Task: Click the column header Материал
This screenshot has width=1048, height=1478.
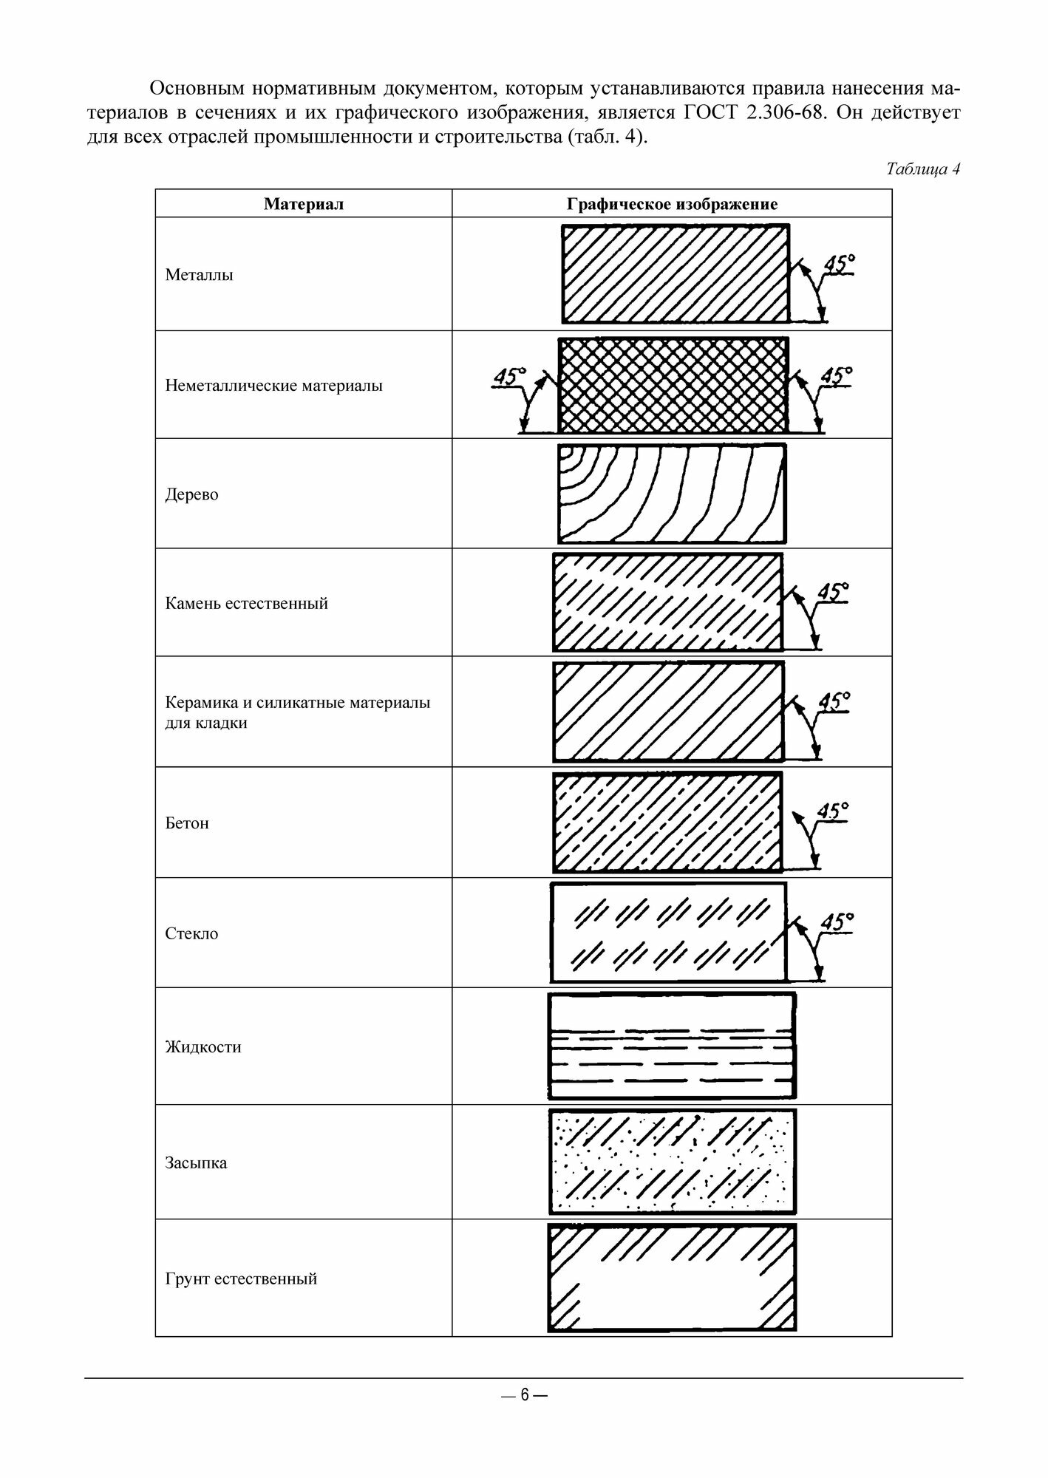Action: (303, 204)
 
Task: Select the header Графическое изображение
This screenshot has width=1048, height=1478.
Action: (672, 204)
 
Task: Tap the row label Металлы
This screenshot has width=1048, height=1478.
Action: (200, 275)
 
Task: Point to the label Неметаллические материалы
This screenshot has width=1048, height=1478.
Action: (273, 385)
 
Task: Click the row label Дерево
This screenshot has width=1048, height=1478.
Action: (191, 494)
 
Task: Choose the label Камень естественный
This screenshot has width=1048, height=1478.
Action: (246, 603)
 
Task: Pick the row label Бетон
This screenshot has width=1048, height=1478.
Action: (187, 823)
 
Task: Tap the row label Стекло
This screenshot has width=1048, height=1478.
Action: (191, 933)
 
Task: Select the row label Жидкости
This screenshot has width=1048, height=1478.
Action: (203, 1047)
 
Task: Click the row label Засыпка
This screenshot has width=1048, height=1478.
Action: (196, 1162)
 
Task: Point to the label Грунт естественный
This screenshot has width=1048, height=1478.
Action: (241, 1278)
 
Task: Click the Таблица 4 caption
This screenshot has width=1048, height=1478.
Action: (922, 168)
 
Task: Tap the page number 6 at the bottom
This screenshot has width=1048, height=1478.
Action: (524, 1394)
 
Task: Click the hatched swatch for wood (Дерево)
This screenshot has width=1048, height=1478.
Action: (672, 494)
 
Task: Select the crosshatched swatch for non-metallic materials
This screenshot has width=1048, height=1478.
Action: (673, 385)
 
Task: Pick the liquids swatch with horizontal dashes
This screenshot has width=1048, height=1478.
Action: (672, 1046)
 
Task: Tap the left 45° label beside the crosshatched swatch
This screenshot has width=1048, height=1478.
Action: (509, 375)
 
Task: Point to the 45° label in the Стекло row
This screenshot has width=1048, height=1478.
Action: (837, 922)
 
